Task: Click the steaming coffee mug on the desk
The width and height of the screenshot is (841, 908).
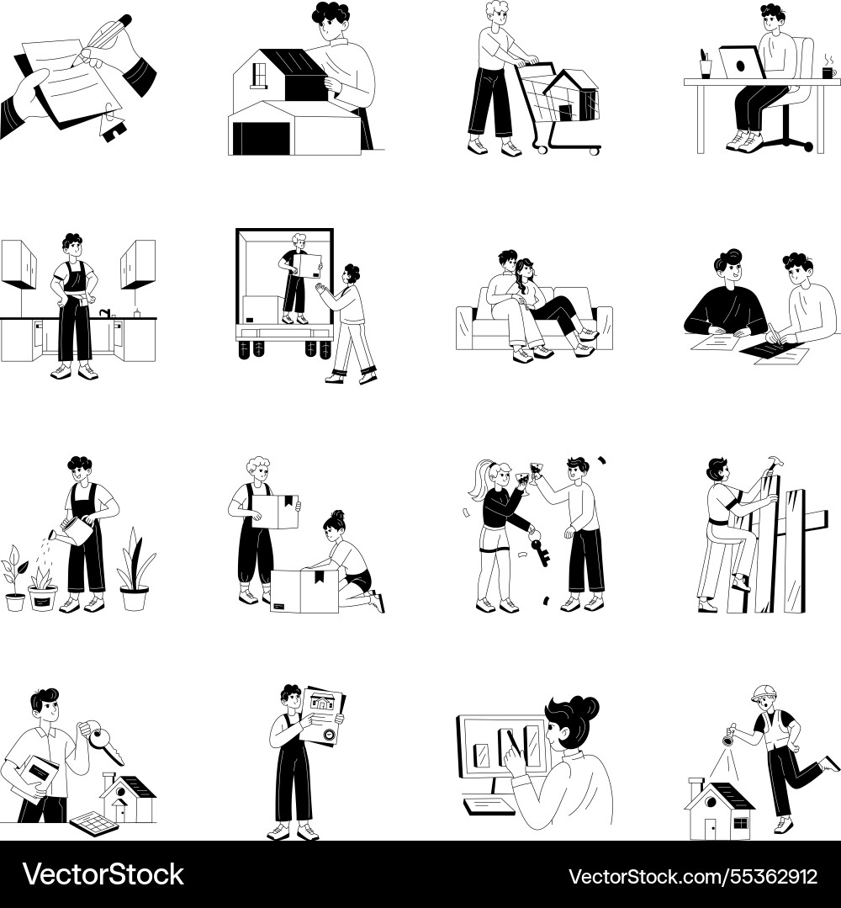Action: coord(828,72)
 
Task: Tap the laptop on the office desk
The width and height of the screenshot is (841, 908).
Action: coord(742,62)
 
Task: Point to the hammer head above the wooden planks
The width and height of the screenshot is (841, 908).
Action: coord(774,462)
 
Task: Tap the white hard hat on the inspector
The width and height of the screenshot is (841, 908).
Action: coord(764,693)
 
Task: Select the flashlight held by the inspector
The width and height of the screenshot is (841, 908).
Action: coord(731,735)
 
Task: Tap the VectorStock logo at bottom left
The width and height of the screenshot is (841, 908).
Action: coord(103,874)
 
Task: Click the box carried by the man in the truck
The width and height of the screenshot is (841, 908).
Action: coord(307,267)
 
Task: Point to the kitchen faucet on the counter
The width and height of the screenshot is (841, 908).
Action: coord(106,313)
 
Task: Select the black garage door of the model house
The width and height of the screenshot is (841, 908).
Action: coord(261,139)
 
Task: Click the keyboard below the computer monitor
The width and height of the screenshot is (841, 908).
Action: coord(489,805)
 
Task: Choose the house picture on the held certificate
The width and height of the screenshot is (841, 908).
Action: coord(323,703)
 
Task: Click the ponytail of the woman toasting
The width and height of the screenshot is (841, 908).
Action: coord(480,481)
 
